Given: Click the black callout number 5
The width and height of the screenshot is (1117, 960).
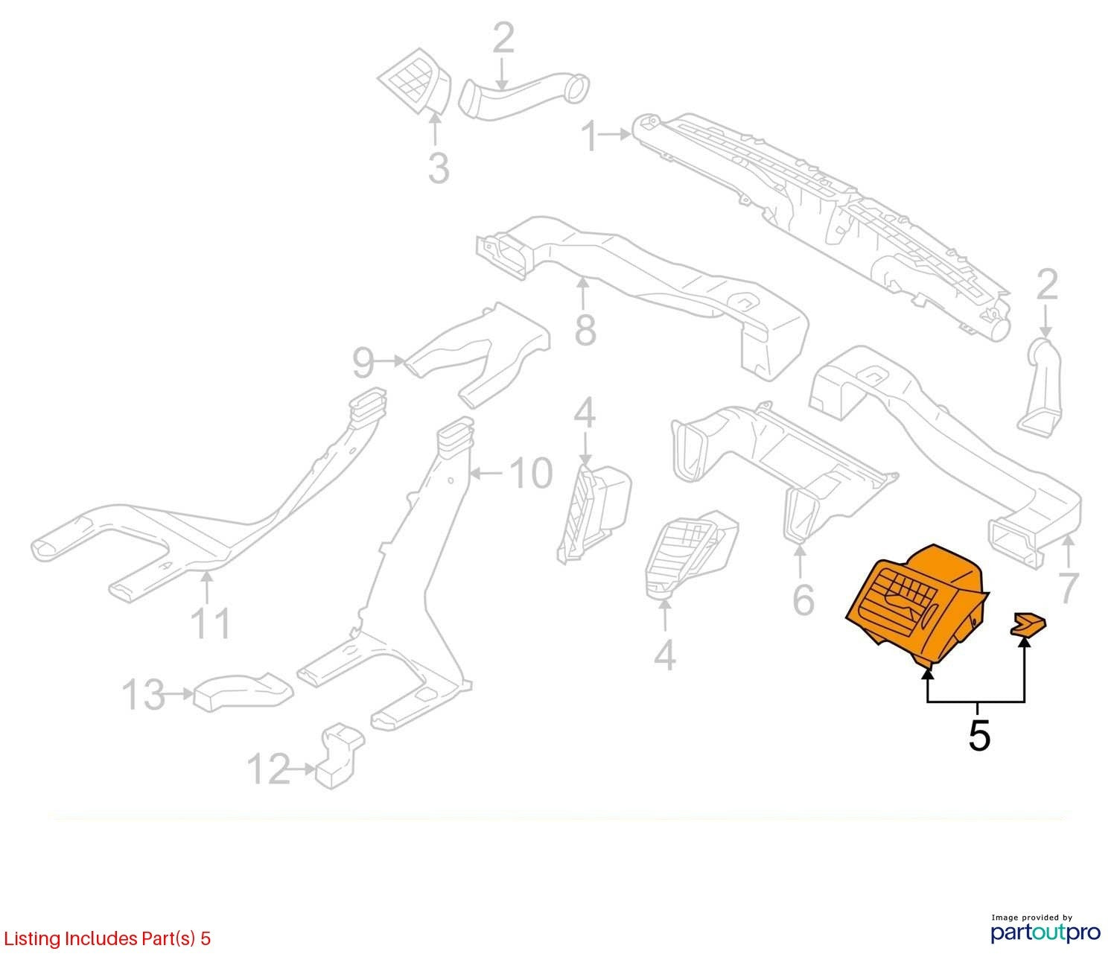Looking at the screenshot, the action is click(x=979, y=735).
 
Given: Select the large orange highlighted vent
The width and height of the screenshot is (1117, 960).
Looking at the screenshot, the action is click(x=917, y=605).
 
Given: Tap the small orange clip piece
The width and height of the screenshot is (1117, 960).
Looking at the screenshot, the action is click(x=1029, y=624).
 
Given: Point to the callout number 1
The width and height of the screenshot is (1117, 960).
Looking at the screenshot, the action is click(x=591, y=136).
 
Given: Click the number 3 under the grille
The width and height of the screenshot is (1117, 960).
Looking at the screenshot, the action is click(x=439, y=168).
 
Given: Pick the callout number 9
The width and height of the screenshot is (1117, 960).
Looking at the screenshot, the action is click(x=363, y=363).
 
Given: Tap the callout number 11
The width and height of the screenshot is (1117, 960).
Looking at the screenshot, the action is click(x=211, y=623).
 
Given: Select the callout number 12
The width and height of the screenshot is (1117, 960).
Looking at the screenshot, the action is click(x=269, y=769).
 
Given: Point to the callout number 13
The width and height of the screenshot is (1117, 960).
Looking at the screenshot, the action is click(x=143, y=695).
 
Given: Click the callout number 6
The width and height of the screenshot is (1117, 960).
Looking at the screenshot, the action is click(x=803, y=600).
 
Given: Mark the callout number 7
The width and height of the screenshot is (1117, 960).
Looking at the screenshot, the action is click(x=1068, y=588).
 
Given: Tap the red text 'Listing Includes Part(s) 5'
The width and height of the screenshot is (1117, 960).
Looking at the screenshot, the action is click(x=107, y=938).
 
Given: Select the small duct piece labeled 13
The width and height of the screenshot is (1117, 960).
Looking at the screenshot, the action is click(x=244, y=691).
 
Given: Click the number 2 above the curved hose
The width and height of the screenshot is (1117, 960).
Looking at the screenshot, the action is click(x=503, y=38).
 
